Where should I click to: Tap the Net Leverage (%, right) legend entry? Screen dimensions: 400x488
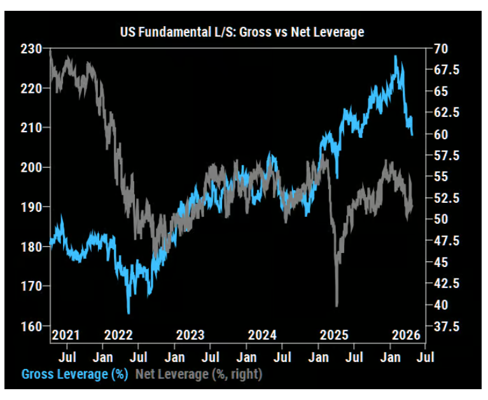(x=199, y=375)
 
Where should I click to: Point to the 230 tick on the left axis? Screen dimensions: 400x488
(x=32, y=48)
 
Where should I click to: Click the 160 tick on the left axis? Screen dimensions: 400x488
(x=32, y=326)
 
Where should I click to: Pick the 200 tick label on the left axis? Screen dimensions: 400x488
(x=32, y=167)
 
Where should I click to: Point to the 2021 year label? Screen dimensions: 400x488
(x=65, y=335)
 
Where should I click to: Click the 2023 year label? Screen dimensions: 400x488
(x=190, y=335)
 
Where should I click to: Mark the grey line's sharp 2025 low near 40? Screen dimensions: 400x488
(x=337, y=305)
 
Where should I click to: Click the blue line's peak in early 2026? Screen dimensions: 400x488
(x=396, y=57)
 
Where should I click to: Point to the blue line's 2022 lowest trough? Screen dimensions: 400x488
(x=129, y=313)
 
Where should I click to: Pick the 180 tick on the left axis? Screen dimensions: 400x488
(x=32, y=247)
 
